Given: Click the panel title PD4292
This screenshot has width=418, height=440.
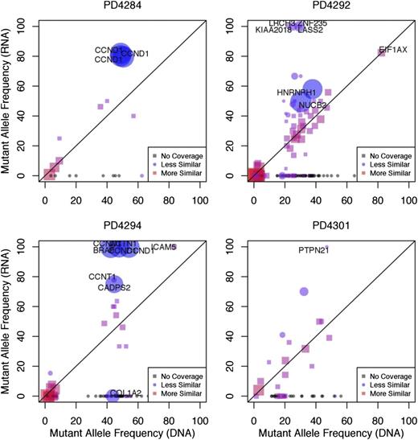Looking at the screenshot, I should coord(328,9).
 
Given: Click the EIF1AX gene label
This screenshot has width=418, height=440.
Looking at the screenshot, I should coord(391,50).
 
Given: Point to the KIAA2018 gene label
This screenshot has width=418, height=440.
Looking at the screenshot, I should coord(277,30).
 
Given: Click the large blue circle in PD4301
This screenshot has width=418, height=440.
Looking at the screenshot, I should coord(304,292).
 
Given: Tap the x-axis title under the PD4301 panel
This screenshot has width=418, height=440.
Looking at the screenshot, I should coord(328,432).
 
